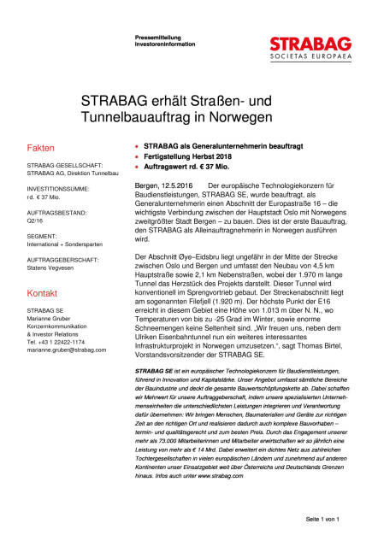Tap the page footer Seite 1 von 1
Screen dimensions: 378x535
tap(320, 518)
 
